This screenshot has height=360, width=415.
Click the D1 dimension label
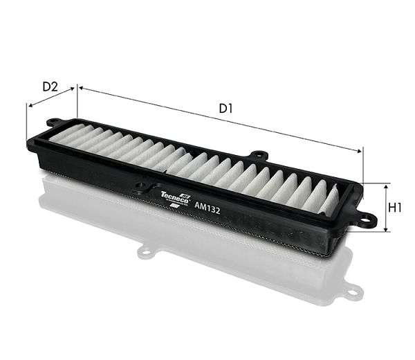[x=225, y=109]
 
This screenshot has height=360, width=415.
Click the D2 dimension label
[x=50, y=87]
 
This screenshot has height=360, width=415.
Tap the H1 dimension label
[x=394, y=208]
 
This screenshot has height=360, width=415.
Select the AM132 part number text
[x=207, y=208]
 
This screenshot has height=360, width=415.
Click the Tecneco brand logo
[x=175, y=198]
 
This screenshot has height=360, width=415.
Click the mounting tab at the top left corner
[x=54, y=122]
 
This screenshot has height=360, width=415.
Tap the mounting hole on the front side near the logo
[x=140, y=185]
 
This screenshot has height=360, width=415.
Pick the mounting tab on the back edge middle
[x=259, y=154]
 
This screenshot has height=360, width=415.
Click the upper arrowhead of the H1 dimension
[x=386, y=186]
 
